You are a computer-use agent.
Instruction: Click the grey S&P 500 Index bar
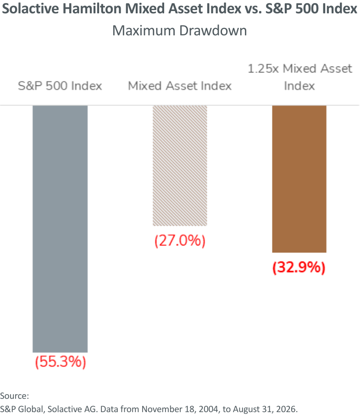60,229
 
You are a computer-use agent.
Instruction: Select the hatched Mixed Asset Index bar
180,166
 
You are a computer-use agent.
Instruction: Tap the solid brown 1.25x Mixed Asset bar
299,179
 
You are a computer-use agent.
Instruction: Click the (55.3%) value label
61,362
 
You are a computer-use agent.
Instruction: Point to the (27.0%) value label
180,240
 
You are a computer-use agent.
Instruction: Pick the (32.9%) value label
299,267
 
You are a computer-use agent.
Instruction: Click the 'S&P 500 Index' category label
60,86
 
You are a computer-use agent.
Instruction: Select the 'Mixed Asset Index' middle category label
180,86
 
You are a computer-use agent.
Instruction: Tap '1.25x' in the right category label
263,69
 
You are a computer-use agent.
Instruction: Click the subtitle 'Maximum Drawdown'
179,30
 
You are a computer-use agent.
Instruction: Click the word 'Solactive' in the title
30,9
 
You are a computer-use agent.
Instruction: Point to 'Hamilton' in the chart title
92,9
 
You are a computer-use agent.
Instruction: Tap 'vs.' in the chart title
253,9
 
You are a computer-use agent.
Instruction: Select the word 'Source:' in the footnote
14,396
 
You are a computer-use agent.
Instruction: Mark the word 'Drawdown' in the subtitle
213,30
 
